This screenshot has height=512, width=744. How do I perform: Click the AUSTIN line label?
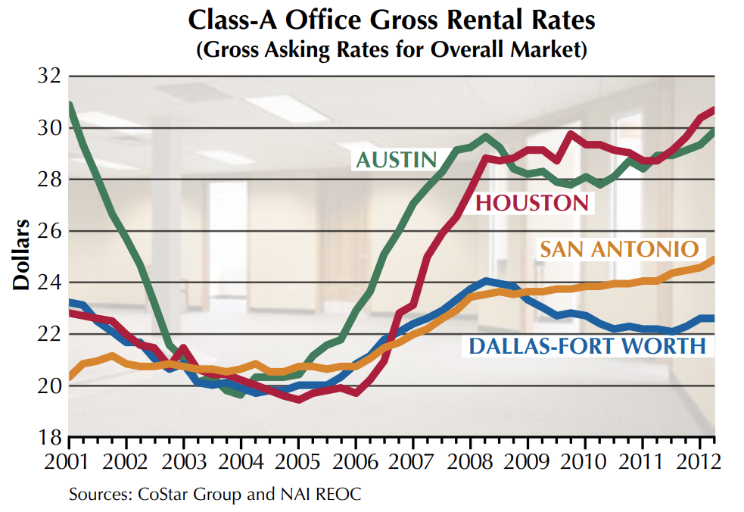397,160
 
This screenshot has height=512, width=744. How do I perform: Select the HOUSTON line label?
532,202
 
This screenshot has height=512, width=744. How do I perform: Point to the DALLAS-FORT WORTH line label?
587,346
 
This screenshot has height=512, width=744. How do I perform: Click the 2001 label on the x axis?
68,461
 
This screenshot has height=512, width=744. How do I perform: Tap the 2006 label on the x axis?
354,461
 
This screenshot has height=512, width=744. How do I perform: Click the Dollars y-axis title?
20,255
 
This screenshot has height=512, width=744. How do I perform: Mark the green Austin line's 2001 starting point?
70,105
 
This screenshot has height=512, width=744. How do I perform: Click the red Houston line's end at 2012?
713,111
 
